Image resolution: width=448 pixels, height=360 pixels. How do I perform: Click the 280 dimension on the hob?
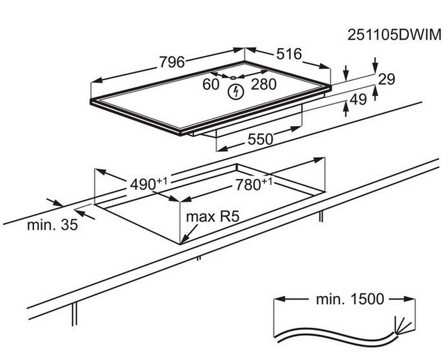(x=263, y=84)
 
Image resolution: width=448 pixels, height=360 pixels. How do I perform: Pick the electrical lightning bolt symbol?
(x=237, y=91)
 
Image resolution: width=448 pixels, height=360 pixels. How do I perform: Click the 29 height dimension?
(x=386, y=79)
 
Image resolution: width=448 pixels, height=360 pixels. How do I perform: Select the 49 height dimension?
(x=358, y=100)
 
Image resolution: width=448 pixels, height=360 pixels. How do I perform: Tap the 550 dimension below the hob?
(x=259, y=139)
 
